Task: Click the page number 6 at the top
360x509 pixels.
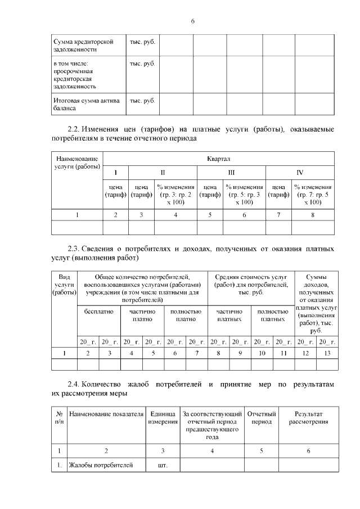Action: coord(192,21)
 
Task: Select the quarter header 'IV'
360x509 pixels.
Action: coord(300,172)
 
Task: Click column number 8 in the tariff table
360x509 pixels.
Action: coord(313,215)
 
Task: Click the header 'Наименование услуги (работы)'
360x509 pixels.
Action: coord(77,163)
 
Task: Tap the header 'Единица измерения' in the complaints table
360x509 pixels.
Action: coord(163,418)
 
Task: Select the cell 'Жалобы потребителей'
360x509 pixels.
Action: coord(101,465)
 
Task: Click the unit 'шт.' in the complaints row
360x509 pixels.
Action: coord(163,465)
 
